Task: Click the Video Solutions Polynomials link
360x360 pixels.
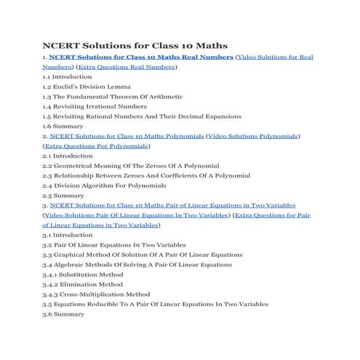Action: coord(254,136)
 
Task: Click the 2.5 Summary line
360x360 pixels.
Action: coord(63,196)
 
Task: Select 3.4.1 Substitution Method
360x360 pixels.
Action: coord(83,275)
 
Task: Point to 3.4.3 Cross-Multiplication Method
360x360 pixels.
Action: coord(96,295)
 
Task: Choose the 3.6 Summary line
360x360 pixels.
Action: coord(63,314)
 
